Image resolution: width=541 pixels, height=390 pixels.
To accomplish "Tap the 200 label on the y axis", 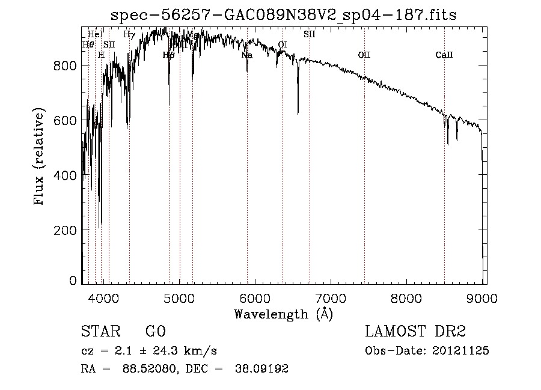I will (68, 230).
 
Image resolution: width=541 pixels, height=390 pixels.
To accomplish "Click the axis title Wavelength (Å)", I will (283, 314).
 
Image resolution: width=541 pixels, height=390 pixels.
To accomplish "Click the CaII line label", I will (444, 55).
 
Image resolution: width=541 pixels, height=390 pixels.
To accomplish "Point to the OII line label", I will (364, 55).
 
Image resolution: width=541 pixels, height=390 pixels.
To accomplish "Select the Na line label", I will (246, 55).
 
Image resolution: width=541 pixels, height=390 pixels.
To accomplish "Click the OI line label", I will (283, 45).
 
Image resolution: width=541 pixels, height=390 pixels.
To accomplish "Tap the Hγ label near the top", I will (129, 35).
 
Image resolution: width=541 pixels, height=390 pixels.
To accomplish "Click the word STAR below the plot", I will (100, 332).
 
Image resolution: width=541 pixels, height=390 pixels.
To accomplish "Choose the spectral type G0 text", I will (155, 332).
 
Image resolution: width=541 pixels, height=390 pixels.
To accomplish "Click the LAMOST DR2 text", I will (415, 332).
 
